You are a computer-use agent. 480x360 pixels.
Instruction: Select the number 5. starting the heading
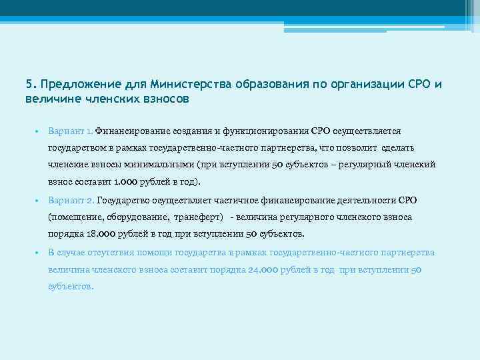click(31, 85)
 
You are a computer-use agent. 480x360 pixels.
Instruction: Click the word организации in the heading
click(362, 85)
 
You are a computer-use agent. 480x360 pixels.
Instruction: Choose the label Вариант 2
click(71, 200)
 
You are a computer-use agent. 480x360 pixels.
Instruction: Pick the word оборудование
click(136, 217)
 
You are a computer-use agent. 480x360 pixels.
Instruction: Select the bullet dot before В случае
click(39, 253)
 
